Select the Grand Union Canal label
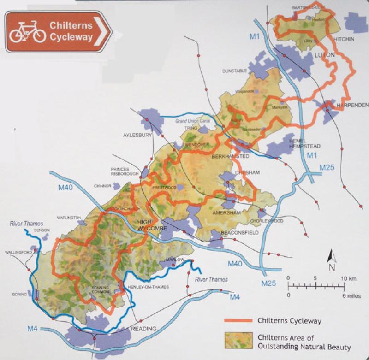coord(192,121)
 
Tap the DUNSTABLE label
coord(236,71)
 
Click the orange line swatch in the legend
coord(239,320)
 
